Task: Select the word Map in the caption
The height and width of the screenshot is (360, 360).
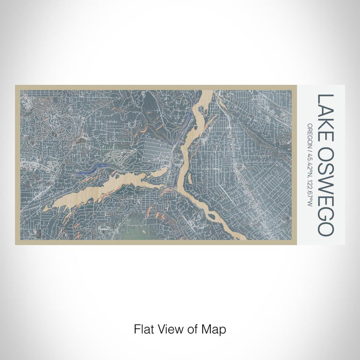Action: tap(215, 328)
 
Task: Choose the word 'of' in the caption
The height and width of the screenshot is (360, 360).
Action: tap(193, 328)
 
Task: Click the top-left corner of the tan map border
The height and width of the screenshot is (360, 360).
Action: tap(16, 86)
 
